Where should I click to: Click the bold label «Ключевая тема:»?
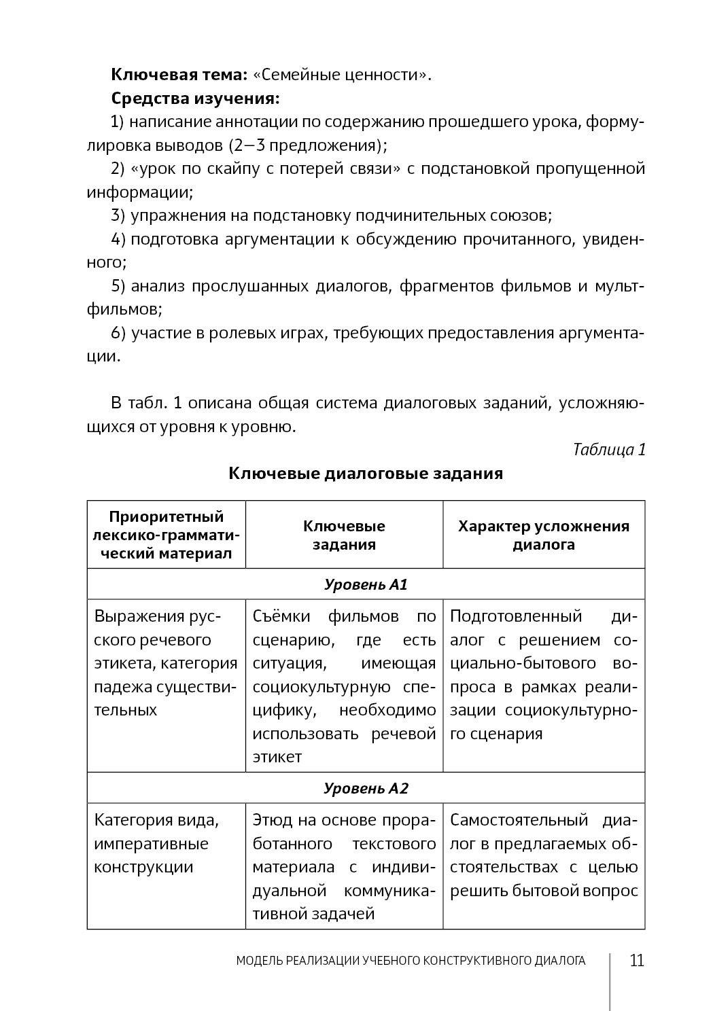pyautogui.click(x=179, y=74)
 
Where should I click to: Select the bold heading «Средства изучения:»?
pyautogui.click(x=195, y=98)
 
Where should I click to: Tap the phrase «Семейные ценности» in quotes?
pyautogui.click(x=342, y=74)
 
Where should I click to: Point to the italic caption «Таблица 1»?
pyautogui.click(x=609, y=450)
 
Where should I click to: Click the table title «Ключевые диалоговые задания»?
pyautogui.click(x=366, y=474)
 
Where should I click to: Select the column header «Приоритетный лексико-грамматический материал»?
pyautogui.click(x=167, y=535)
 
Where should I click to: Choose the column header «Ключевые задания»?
pyautogui.click(x=344, y=535)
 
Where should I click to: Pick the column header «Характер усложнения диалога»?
pyautogui.click(x=543, y=535)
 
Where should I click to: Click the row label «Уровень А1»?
pyautogui.click(x=366, y=584)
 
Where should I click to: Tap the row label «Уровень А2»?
pyautogui.click(x=366, y=789)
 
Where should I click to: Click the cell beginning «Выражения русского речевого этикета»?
pyautogui.click(x=166, y=663)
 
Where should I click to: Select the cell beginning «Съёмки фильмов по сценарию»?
pyautogui.click(x=344, y=686)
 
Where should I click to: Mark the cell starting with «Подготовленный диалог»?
pyautogui.click(x=543, y=675)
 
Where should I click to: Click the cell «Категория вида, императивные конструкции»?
pyautogui.click(x=156, y=844)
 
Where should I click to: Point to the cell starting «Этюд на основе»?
pyautogui.click(x=344, y=867)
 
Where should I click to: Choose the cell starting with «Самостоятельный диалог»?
pyautogui.click(x=543, y=855)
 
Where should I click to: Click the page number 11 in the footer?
pyautogui.click(x=637, y=961)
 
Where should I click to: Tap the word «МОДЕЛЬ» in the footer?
pyautogui.click(x=258, y=961)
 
